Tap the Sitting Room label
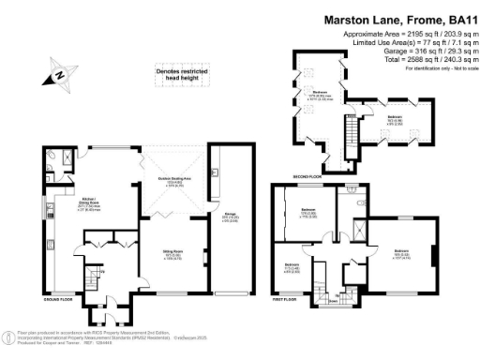172,253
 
